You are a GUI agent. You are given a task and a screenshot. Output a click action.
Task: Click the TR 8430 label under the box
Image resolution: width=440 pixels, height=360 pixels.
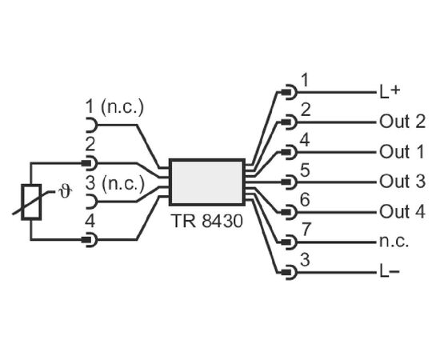[206, 221]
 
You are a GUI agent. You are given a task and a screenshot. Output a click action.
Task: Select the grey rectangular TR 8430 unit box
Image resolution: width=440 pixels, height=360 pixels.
[207, 182]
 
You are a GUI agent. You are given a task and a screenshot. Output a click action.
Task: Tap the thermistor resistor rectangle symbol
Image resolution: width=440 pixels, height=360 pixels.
[31, 202]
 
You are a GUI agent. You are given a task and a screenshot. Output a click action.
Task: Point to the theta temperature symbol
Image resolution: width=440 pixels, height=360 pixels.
[66, 192]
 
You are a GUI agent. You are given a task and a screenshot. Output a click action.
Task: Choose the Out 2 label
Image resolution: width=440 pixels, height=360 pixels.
[402, 122]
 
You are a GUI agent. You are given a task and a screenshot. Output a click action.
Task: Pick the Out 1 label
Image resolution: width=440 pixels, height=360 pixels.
[402, 152]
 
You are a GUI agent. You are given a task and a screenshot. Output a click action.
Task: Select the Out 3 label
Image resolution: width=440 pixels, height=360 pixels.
[402, 182]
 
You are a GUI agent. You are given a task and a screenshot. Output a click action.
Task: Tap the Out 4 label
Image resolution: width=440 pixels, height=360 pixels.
[402, 211]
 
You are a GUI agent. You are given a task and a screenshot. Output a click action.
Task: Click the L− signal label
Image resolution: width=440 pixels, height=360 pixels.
[390, 272]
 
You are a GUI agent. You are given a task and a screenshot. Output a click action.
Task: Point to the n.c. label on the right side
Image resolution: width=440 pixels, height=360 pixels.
[394, 242]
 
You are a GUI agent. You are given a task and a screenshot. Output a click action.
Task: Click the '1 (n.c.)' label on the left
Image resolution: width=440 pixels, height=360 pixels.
[114, 107]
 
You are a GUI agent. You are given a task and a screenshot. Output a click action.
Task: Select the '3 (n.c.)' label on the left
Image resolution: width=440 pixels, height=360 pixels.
[114, 184]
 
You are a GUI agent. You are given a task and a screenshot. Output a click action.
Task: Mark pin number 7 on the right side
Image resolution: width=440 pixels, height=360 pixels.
[306, 230]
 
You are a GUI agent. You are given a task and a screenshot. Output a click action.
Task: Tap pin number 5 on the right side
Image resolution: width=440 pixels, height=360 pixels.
[305, 170]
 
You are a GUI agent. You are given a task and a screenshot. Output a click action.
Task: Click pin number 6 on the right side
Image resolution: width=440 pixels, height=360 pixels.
[305, 199]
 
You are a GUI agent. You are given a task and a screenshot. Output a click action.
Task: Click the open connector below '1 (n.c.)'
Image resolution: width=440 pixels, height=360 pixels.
[91, 125]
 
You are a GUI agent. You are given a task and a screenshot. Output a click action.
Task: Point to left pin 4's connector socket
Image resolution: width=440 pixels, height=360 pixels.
[90, 240]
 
